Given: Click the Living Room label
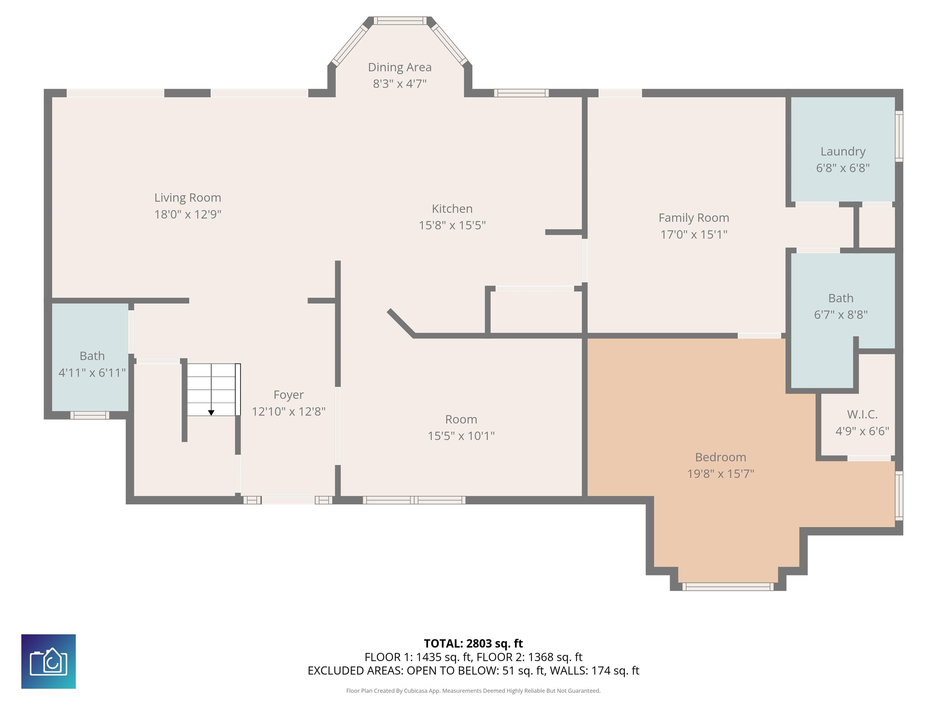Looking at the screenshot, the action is (x=187, y=198).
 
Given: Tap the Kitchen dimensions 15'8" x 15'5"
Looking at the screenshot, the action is (x=452, y=225).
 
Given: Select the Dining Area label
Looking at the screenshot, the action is (x=400, y=67).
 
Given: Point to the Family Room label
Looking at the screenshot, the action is (x=694, y=218).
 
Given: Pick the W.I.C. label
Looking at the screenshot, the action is (x=862, y=414).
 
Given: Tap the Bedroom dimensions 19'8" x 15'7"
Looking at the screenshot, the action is (x=720, y=474).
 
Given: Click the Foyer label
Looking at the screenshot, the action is (x=289, y=395).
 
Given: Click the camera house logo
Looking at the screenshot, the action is (x=48, y=662).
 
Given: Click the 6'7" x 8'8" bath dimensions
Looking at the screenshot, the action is (x=841, y=315).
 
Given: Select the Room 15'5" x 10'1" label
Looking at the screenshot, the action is (x=461, y=427).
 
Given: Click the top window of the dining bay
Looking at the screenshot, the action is (x=400, y=21).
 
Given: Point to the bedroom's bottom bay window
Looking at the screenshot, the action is (x=728, y=587).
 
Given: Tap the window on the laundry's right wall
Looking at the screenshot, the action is (x=899, y=136).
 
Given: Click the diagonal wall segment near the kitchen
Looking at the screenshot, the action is (x=401, y=323).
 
